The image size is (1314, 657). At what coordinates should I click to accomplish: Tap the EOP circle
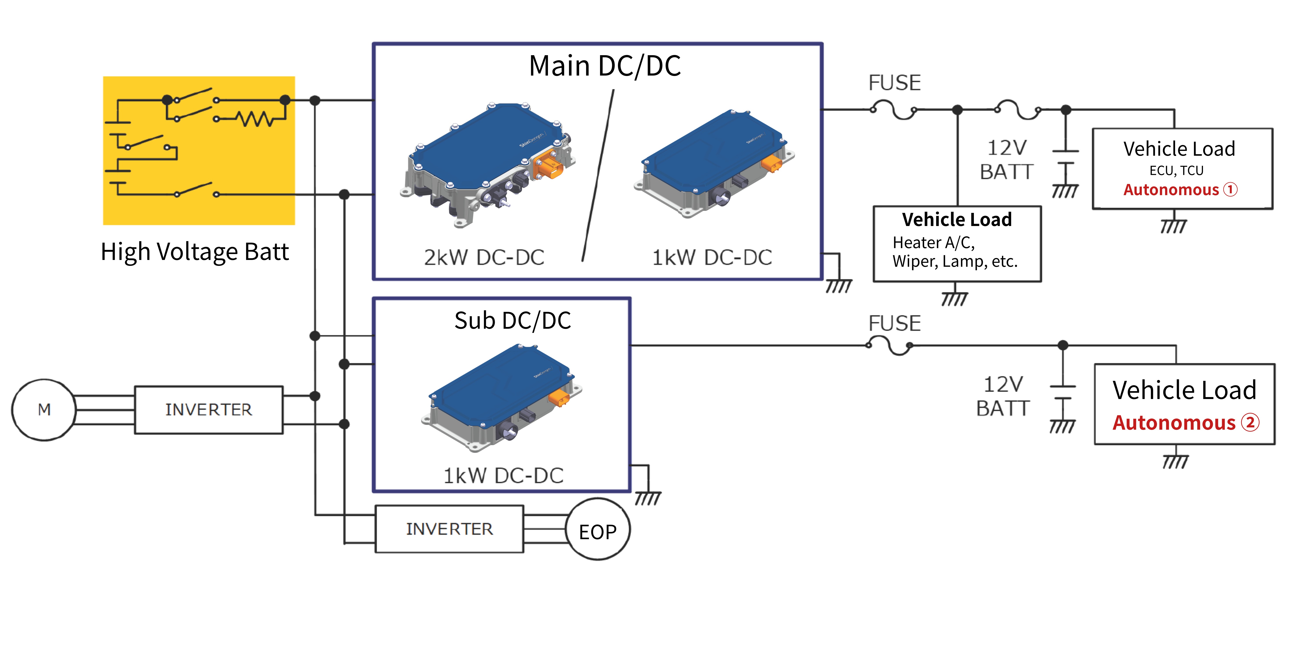(x=598, y=530)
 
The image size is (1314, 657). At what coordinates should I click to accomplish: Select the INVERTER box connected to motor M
(x=209, y=410)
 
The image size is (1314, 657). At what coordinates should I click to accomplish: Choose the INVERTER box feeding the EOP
(x=449, y=529)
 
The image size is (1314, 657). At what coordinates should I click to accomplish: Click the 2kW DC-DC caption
(x=484, y=258)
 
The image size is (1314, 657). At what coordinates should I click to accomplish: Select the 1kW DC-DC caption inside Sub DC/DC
(x=503, y=475)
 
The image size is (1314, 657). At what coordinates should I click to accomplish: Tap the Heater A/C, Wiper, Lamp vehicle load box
(x=957, y=244)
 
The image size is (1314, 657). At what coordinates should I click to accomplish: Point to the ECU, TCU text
(x=1176, y=170)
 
